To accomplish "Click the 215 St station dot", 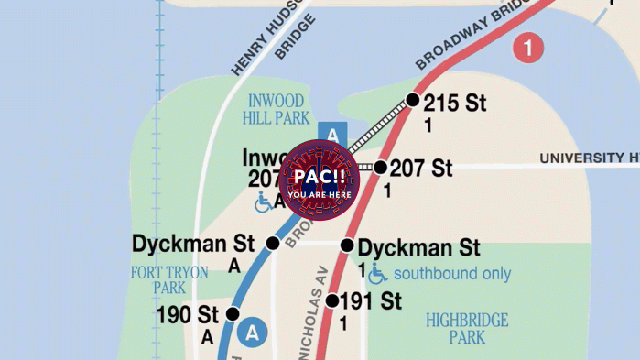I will point(413,100).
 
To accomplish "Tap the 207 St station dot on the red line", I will point(380,167).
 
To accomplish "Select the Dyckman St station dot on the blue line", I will point(272,243).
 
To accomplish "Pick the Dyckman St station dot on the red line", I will point(347,245).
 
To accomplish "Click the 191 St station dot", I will point(332,300).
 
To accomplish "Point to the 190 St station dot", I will point(233,314).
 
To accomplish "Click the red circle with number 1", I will point(527,47).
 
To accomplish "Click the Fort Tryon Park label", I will point(169,280).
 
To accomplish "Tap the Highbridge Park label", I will point(467,329).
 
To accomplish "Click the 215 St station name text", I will point(455,103).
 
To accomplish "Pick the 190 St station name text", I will point(187,315).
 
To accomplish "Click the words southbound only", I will point(452,273).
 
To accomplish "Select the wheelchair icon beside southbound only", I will point(377,273).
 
